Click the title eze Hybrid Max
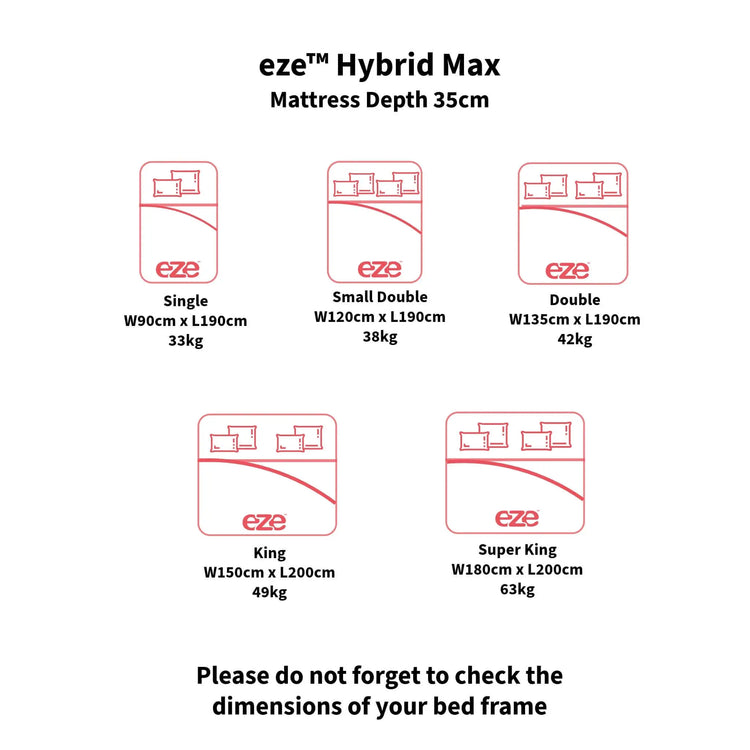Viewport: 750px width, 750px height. click(x=379, y=66)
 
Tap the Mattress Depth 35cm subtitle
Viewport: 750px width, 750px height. click(x=379, y=101)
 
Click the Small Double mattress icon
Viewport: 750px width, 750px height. click(x=375, y=222)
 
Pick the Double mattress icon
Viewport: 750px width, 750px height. click(x=572, y=223)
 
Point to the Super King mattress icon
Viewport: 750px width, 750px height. click(x=515, y=472)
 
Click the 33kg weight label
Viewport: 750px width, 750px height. click(x=185, y=340)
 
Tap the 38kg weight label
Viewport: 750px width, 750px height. click(x=380, y=336)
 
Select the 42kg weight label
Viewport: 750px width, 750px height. click(x=575, y=339)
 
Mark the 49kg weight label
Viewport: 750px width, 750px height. click(x=269, y=592)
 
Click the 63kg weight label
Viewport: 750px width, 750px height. click(x=517, y=589)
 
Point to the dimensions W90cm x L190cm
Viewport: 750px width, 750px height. click(x=185, y=320)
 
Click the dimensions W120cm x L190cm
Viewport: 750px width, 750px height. click(x=380, y=316)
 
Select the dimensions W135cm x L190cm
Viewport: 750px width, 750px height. click(x=575, y=320)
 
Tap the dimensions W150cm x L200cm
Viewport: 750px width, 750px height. click(x=269, y=572)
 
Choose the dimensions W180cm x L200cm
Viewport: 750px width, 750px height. click(x=517, y=569)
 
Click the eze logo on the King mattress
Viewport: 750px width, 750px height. click(x=264, y=521)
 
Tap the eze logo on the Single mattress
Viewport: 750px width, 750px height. click(x=178, y=268)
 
